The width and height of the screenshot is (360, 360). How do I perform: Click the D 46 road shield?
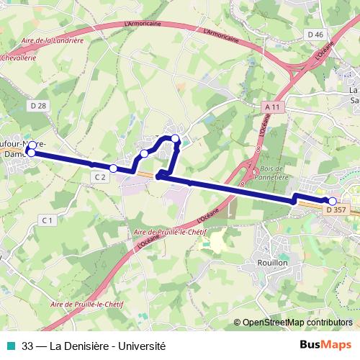315,34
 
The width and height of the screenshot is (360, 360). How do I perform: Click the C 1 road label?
48,220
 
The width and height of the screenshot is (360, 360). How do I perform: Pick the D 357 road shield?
336,210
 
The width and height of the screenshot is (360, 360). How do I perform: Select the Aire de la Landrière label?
54,40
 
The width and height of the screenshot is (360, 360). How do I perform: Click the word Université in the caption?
144,346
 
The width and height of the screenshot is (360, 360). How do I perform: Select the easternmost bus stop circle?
333,202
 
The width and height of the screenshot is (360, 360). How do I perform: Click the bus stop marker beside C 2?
113,168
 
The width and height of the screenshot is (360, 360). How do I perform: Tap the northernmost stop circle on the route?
175,137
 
